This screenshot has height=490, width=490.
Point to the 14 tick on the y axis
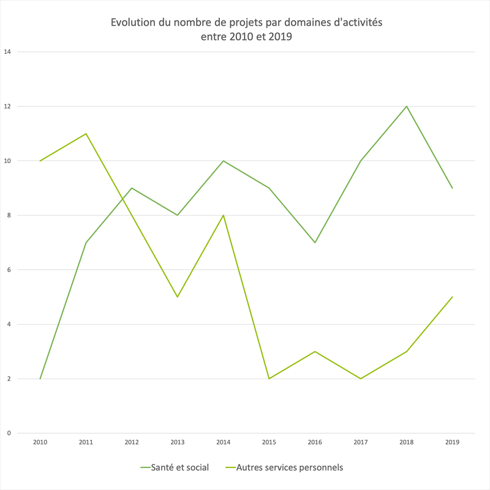point(7,52)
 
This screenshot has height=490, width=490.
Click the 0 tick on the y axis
point(9,433)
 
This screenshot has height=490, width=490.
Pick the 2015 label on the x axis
point(269,442)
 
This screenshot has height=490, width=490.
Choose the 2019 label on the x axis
point(452,442)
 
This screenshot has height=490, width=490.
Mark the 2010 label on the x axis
point(40,442)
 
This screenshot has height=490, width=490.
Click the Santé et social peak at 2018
point(406,107)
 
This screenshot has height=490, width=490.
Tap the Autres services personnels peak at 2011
point(86,134)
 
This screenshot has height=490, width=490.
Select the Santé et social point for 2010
point(40,379)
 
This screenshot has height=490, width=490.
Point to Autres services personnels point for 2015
point(269,379)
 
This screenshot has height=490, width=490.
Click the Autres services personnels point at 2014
point(224,215)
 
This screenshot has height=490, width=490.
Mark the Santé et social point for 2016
point(315,243)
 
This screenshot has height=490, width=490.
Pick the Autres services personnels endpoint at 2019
point(452,297)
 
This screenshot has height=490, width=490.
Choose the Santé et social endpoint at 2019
point(452,188)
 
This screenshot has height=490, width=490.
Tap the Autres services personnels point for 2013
point(178,297)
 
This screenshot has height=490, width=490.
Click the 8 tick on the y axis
point(9,215)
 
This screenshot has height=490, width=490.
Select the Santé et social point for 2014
point(224,160)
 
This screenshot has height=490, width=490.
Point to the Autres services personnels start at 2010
point(40,160)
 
